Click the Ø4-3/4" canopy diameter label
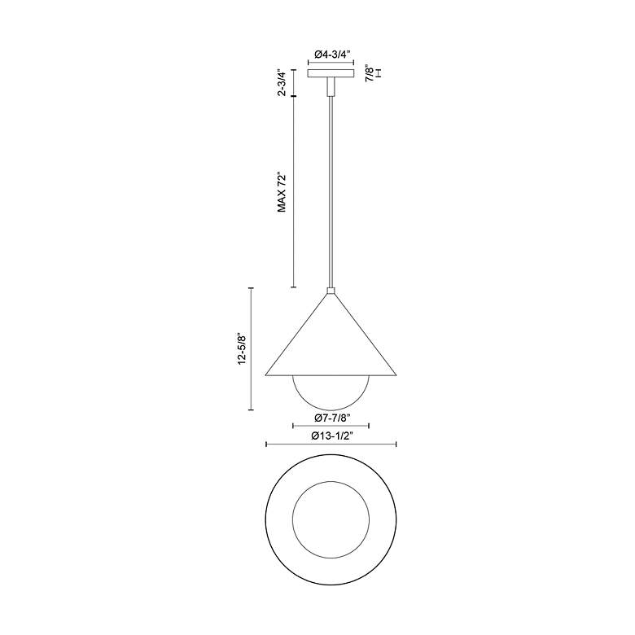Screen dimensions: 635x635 pyautogui.click(x=331, y=55)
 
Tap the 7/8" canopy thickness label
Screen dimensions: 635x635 pyautogui.click(x=370, y=73)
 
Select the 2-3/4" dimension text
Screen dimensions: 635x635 pyautogui.click(x=282, y=83)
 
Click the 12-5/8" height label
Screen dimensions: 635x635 pyautogui.click(x=243, y=349)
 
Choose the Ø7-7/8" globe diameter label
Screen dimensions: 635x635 pyautogui.click(x=331, y=418)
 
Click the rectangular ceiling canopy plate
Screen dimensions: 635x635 pyautogui.click(x=331, y=73)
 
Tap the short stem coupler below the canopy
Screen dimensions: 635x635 pyautogui.click(x=331, y=86)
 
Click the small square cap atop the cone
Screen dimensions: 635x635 pyautogui.click(x=331, y=291)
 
